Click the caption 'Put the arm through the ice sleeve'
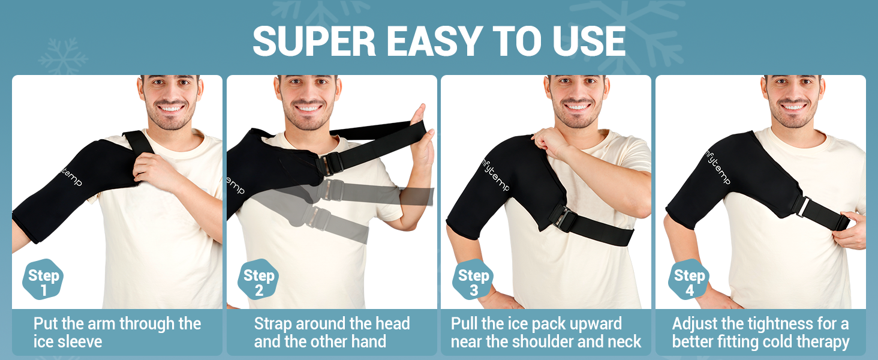(x=117, y=332)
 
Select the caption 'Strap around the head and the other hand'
(x=332, y=332)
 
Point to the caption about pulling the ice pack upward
(x=546, y=332)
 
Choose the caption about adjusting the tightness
(x=760, y=332)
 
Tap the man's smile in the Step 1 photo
(x=172, y=109)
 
